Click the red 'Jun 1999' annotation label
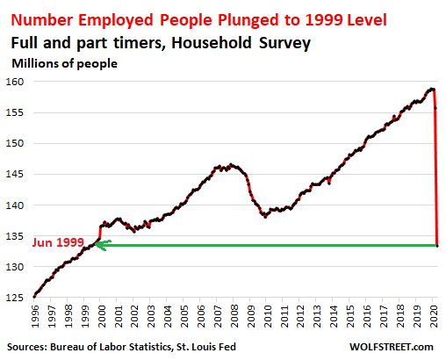click(x=58, y=242)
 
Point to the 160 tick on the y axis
click(x=15, y=82)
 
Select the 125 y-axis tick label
click(x=15, y=298)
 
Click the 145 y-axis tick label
click(x=15, y=174)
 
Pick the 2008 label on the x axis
click(x=234, y=316)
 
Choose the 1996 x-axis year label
click(x=35, y=316)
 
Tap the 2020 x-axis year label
click(x=434, y=316)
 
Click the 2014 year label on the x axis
click(x=334, y=316)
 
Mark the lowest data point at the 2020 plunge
click(x=437, y=246)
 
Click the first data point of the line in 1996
click(x=34, y=297)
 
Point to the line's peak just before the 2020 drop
click(x=431, y=89)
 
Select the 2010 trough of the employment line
click(x=265, y=217)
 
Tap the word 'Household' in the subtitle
click(x=212, y=43)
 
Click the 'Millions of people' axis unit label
click(x=64, y=63)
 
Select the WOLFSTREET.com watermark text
click(x=392, y=347)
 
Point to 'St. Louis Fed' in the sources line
click(x=206, y=347)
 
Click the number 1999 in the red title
click(x=324, y=19)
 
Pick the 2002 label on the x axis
click(x=134, y=316)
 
